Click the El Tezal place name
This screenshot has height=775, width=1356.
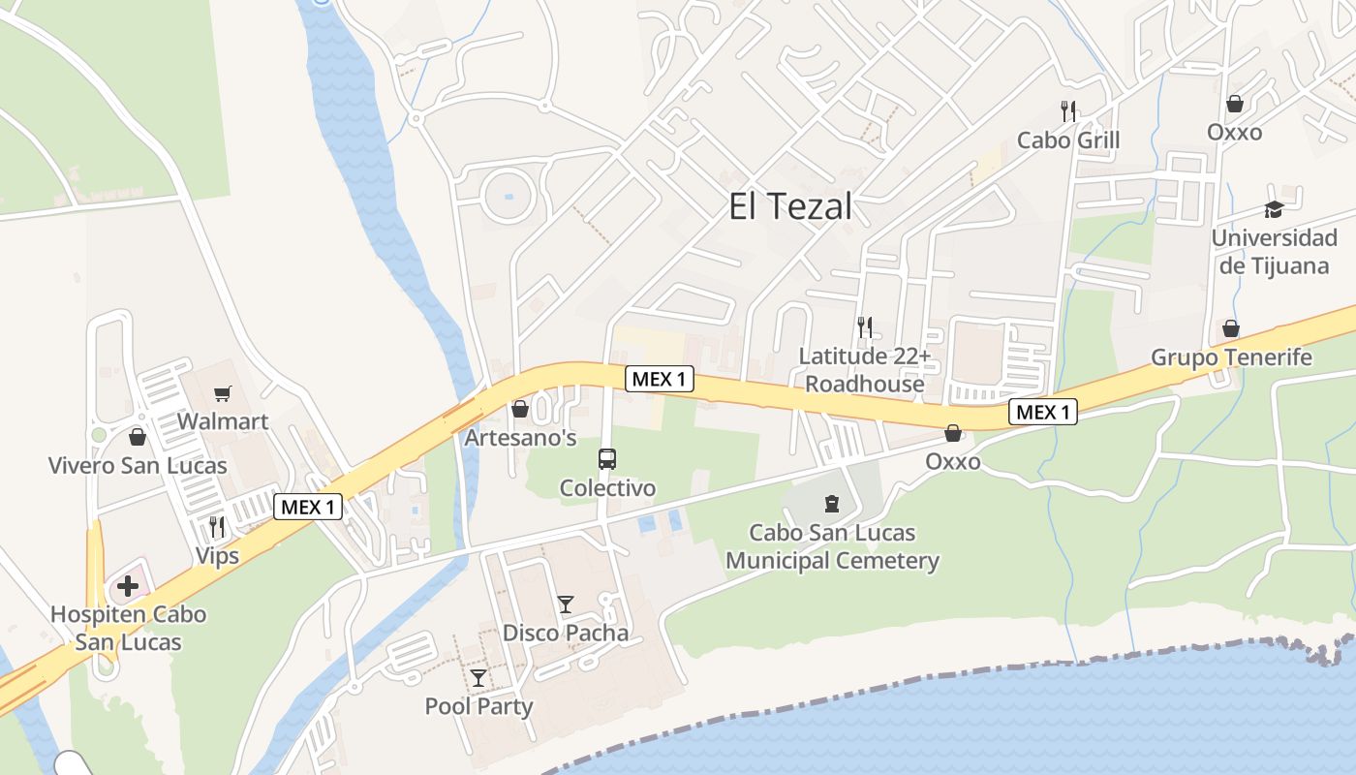coord(790,206)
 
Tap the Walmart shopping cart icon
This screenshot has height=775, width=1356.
coord(223,393)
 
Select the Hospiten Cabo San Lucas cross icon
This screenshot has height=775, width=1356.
coord(127,586)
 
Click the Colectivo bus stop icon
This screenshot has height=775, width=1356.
coord(607,458)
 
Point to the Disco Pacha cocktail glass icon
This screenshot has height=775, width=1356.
coord(566,604)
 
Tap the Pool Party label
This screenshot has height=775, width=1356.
coord(478,706)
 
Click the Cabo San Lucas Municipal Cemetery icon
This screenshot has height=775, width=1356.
coord(831,504)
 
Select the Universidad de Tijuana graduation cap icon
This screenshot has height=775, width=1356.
coord(1273,209)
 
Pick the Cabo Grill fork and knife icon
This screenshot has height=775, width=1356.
coord(1068,111)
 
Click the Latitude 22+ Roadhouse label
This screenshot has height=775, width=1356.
coord(865,370)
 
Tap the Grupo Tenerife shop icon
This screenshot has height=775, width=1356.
coord(1231,328)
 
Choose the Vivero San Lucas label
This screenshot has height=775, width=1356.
coord(138,465)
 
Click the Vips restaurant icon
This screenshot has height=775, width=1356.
coord(217,527)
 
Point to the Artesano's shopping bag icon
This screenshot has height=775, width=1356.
coord(520,410)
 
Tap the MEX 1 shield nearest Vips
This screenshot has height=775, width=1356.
coord(308,506)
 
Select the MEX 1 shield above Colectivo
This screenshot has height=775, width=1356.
coord(660,379)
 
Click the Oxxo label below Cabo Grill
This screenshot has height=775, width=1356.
coord(1235,132)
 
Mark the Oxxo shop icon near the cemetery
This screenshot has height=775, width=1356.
coord(953,433)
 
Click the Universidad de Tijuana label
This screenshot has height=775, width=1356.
coord(1274,251)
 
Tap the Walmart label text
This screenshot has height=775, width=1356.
coord(223,422)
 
